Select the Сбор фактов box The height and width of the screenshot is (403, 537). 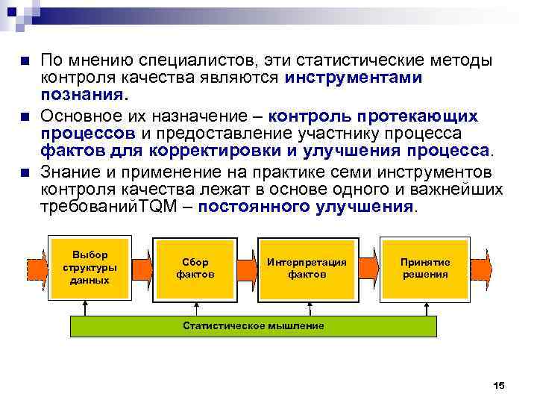195,268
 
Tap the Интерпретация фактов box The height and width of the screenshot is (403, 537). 307,268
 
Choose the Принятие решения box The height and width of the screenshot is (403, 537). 424,268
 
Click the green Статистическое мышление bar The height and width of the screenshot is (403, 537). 254,326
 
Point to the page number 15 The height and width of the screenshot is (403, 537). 499,386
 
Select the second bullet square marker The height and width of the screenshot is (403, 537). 25,117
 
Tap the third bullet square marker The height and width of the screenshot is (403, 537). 25,173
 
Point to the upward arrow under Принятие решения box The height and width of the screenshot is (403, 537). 424,307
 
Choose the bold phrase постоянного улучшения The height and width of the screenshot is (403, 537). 305,207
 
